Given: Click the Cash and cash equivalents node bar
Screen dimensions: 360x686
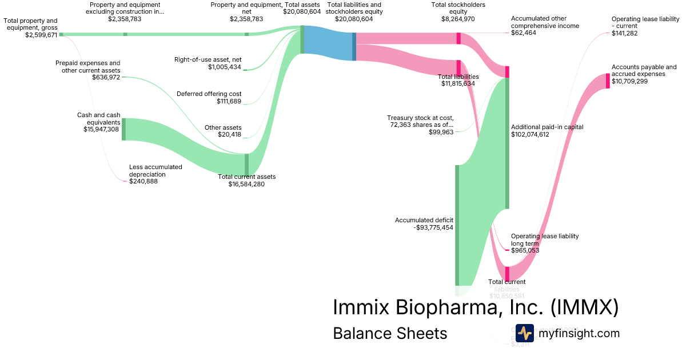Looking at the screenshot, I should coord(123,129).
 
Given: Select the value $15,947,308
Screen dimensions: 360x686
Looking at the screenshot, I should coord(101,130).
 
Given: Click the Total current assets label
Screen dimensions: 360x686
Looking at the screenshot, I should coord(246,177).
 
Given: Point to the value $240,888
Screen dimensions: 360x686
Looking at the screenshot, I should coord(143,182).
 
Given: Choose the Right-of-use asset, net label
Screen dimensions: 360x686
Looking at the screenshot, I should coord(208,59).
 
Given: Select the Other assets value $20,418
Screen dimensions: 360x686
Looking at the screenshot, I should coord(229,135).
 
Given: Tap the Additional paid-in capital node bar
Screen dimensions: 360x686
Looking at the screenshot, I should coord(506,143).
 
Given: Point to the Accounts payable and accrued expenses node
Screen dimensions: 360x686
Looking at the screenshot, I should coord(608,81).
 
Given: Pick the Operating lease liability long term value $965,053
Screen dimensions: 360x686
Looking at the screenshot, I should coord(525,250).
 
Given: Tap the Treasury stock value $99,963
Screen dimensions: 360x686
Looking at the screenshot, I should coord(441,132).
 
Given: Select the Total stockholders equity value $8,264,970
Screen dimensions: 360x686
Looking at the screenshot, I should coord(458,19).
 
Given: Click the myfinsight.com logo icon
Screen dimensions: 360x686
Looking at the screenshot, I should coord(524,333).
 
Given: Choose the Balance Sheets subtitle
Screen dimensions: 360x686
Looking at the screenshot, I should coord(390,334).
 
